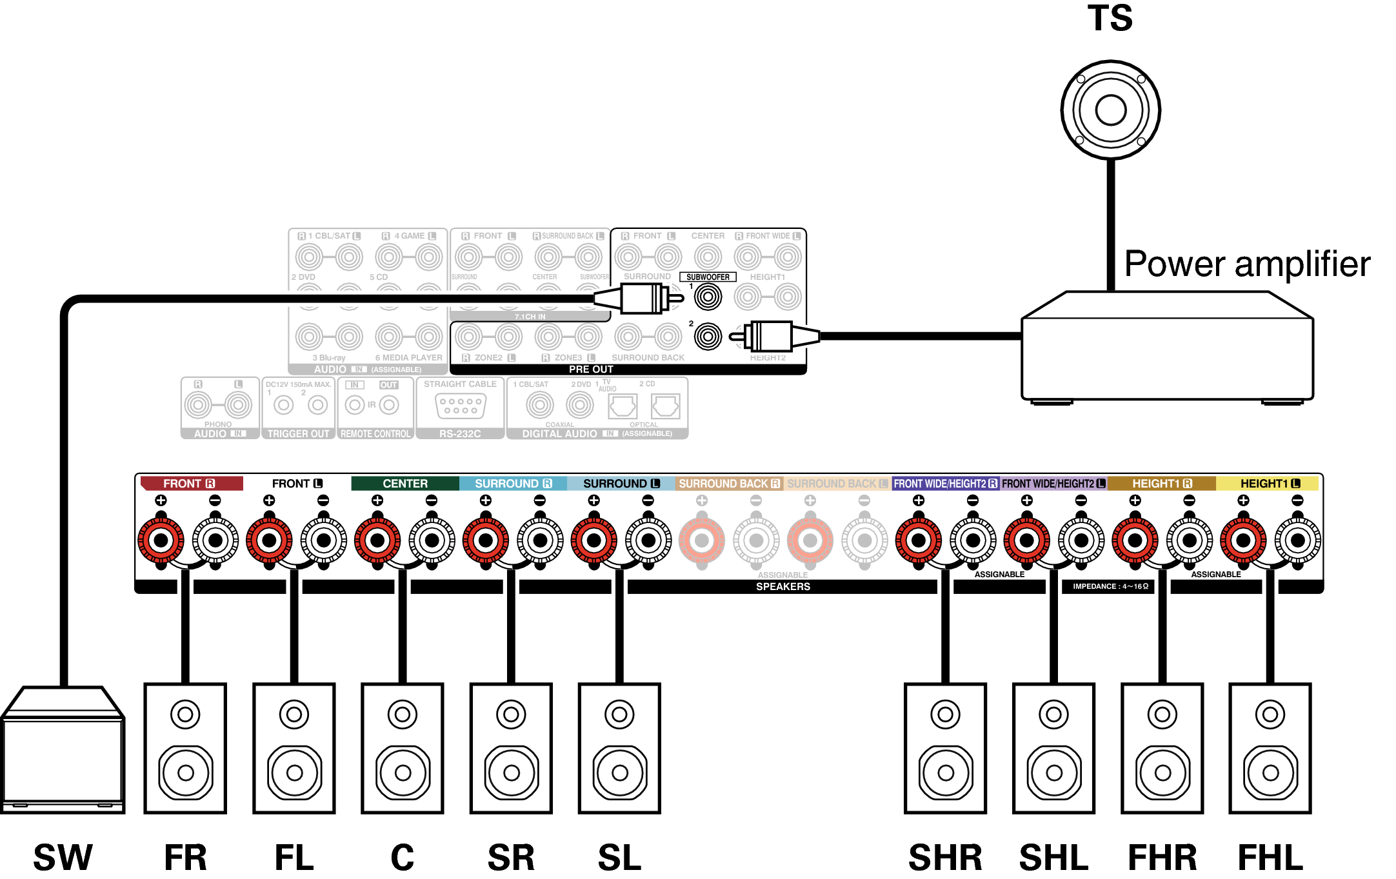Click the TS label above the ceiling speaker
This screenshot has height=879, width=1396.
pyautogui.click(x=1110, y=18)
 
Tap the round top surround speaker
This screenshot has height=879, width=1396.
pyautogui.click(x=1110, y=110)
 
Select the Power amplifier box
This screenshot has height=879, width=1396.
pyautogui.click(x=1167, y=348)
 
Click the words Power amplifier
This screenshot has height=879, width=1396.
pyautogui.click(x=1246, y=264)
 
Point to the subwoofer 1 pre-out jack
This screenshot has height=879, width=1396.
pyautogui.click(x=708, y=297)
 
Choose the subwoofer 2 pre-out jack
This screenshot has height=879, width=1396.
pyautogui.click(x=708, y=337)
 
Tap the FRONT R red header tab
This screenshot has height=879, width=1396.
pyautogui.click(x=191, y=484)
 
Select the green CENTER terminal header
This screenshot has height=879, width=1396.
pyautogui.click(x=404, y=484)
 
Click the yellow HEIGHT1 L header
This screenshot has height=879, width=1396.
pyautogui.click(x=1269, y=484)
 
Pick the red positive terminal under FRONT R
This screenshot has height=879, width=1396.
pyautogui.click(x=161, y=540)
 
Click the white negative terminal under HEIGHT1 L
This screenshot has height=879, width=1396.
pyautogui.click(x=1298, y=540)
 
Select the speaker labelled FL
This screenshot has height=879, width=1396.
pyautogui.click(x=294, y=748)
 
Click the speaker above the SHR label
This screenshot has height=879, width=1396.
pyautogui.click(x=945, y=748)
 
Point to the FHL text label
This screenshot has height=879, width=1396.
pyautogui.click(x=1270, y=858)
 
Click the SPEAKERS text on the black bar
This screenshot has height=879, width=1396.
pyautogui.click(x=783, y=587)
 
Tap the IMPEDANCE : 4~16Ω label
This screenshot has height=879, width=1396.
pyautogui.click(x=1110, y=587)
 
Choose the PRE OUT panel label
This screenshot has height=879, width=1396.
pyautogui.click(x=591, y=370)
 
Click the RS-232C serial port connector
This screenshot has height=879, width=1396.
pyautogui.click(x=460, y=406)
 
